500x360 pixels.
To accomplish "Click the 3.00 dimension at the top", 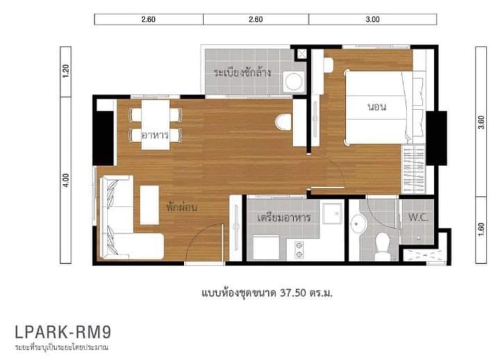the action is pyautogui.click(x=372, y=19).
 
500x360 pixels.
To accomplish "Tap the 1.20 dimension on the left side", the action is pyautogui.click(x=66, y=71).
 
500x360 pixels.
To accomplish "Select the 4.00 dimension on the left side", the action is pyautogui.click(x=66, y=180).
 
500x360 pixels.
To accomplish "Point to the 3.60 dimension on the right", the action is pyautogui.click(x=481, y=122).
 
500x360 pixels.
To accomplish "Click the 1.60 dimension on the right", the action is pyautogui.click(x=481, y=230).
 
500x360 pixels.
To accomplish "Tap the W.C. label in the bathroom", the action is pyautogui.click(x=418, y=217).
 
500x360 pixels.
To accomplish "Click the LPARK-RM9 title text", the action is pyautogui.click(x=63, y=332).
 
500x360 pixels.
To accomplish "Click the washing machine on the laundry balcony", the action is pyautogui.click(x=294, y=82).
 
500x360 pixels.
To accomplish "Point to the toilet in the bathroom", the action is pyautogui.click(x=382, y=247).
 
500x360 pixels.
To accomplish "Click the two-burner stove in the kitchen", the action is pyautogui.click(x=299, y=250).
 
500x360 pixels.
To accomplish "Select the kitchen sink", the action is pyautogui.click(x=333, y=213).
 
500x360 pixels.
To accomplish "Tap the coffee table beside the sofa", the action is pyautogui.click(x=149, y=205).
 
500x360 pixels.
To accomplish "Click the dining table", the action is pyautogui.click(x=156, y=125).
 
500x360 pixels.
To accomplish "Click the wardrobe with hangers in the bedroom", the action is pyautogui.click(x=413, y=169).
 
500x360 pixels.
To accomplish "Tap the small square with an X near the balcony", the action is pyautogui.click(x=302, y=54).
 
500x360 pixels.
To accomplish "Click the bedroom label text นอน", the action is pyautogui.click(x=377, y=107).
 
